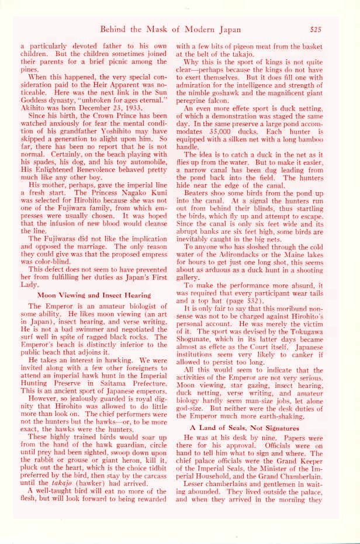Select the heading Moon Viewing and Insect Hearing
click(95, 296)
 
